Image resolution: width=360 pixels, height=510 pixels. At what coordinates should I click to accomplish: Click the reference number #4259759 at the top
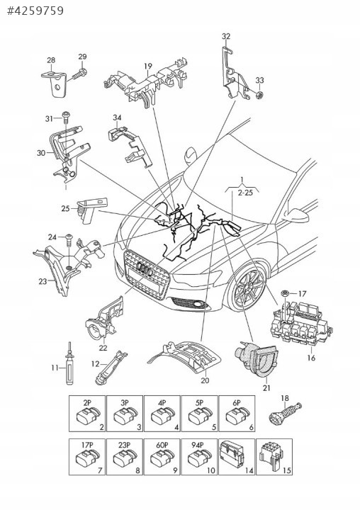pos(35,11)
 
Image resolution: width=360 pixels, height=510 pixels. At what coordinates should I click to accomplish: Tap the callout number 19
pos(148,67)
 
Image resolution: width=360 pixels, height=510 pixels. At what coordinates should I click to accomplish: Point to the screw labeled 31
pos(67,117)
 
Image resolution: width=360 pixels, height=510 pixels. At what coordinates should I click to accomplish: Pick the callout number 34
pos(117,118)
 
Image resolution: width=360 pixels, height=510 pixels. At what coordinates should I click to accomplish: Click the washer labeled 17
pos(285,293)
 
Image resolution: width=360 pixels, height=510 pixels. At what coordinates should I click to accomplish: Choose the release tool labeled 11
pos(69,363)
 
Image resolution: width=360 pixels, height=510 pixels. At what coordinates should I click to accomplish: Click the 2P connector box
pos(87,414)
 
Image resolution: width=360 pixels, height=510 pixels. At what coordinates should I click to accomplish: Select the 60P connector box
pos(162,457)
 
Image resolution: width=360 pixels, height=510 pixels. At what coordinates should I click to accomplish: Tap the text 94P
pos(197,445)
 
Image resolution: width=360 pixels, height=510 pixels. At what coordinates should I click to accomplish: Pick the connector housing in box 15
pos(270,455)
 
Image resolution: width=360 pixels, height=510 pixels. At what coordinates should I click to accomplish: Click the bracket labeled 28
pos(55,84)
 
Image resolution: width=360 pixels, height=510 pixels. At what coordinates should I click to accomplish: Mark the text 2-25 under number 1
pos(245,193)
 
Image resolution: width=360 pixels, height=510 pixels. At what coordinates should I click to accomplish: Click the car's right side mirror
pos(296,215)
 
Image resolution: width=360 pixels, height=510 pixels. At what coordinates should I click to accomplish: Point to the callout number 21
pos(266,387)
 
